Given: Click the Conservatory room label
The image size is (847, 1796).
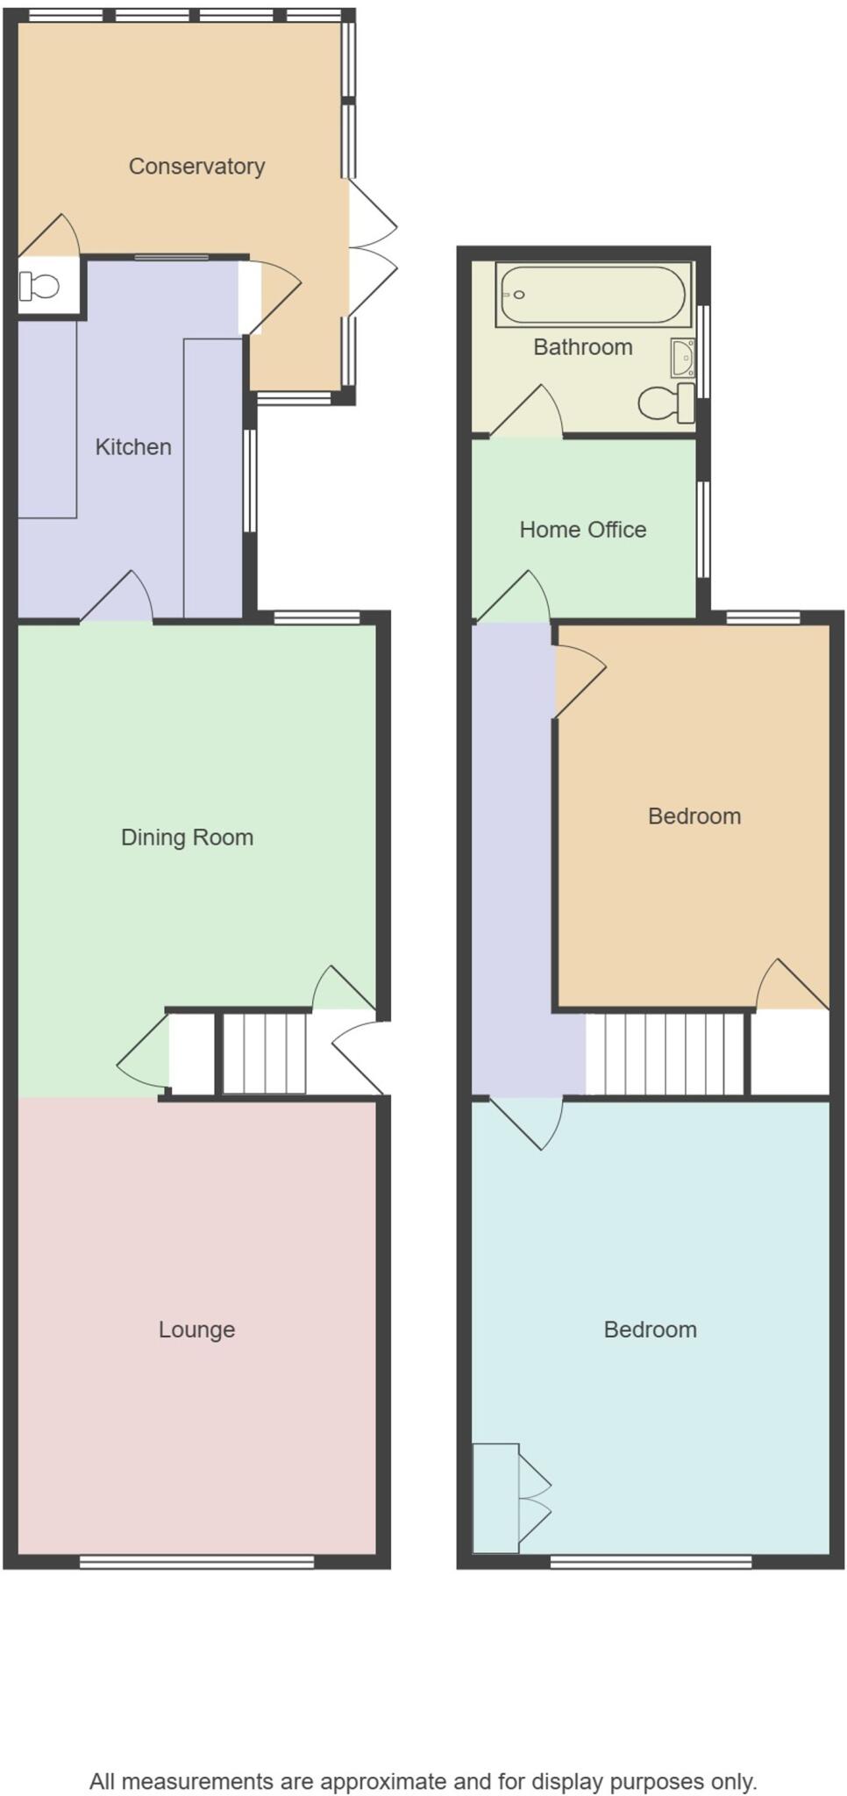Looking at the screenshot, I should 196,166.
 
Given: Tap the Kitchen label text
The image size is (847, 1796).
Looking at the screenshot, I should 133,446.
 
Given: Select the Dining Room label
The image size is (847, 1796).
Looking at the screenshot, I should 187,837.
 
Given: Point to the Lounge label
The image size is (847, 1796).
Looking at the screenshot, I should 196,1329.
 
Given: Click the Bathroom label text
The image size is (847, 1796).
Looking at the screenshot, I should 583,347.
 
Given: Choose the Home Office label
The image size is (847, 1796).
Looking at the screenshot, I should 583,530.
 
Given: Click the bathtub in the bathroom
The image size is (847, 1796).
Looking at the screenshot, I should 592,295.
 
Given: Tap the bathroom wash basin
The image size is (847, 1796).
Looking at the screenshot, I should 682,358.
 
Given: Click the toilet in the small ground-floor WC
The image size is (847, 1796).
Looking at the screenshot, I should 40,286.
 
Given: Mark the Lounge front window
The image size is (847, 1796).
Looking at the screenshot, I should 196,1561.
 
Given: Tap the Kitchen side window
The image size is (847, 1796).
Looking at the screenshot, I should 250,481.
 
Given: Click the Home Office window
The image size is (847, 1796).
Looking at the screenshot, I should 703,529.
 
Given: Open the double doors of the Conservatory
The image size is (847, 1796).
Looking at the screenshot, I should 372,247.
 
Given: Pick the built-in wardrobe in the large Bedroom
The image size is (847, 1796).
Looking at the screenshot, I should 496,1498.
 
